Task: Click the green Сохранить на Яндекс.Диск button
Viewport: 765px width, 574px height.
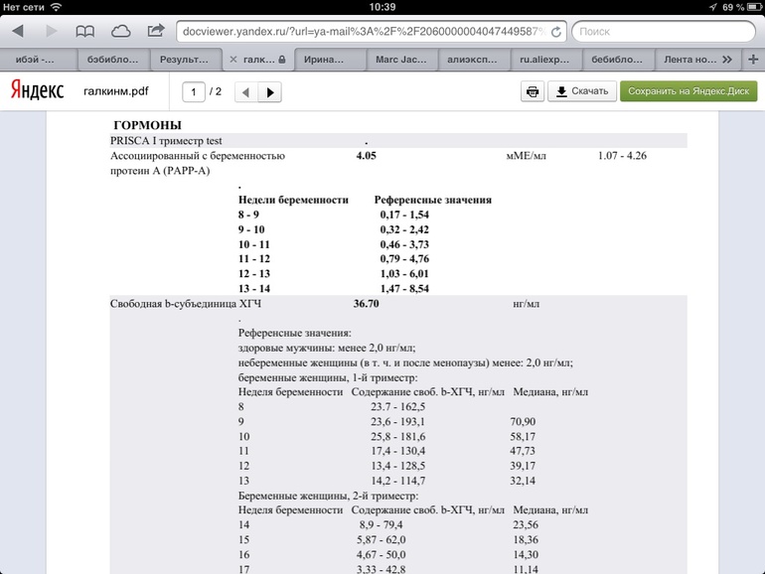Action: (688, 91)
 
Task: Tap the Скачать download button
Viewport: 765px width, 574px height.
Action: (581, 91)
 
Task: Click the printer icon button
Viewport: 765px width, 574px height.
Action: (533, 91)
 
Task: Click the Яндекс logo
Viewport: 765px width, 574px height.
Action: (37, 91)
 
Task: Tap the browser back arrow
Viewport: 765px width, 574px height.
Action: (17, 32)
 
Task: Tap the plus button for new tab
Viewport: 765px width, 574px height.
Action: (752, 59)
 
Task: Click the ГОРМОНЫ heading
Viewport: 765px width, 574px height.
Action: (147, 126)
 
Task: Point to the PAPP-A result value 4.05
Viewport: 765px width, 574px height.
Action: (366, 156)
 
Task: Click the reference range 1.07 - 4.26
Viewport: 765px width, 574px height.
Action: (628, 156)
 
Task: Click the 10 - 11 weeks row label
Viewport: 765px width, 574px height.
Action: (253, 243)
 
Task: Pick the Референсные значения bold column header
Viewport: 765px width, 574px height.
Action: (432, 200)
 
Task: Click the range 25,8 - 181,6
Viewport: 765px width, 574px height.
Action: (397, 437)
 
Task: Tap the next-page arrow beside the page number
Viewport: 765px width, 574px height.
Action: (269, 92)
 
